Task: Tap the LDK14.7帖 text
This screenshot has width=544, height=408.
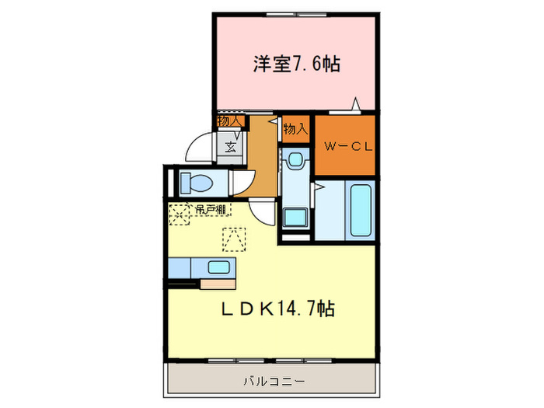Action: [x=278, y=309]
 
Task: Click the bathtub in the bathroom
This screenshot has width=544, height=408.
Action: [x=361, y=211]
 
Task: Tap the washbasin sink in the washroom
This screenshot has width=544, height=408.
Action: [x=295, y=159]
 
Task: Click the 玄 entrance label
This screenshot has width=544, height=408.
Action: [x=230, y=145]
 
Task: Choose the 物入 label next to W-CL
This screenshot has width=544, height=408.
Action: [x=295, y=129]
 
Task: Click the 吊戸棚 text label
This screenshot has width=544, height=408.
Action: [x=210, y=209]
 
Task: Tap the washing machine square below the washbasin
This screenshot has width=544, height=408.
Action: [x=295, y=218]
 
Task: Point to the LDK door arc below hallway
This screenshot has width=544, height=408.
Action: [x=263, y=213]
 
